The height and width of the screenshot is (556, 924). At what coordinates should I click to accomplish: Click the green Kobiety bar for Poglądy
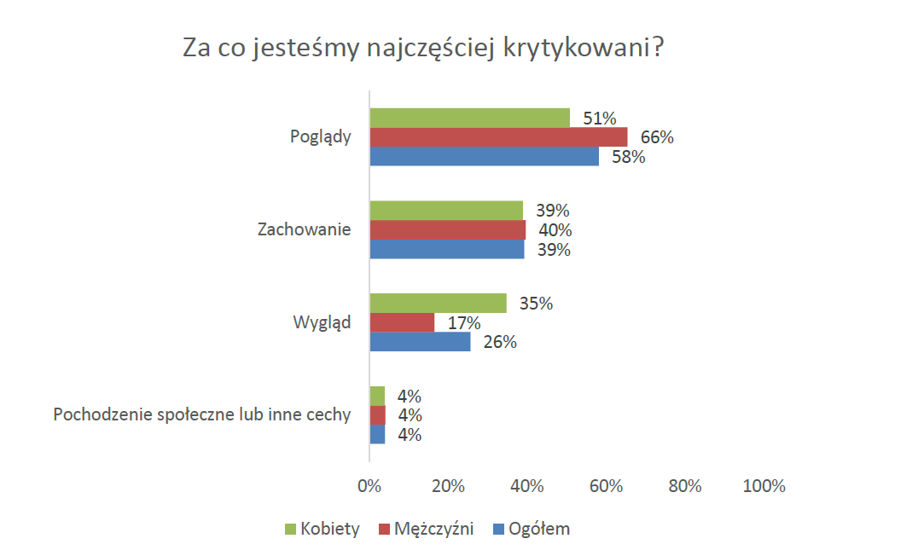[469, 118]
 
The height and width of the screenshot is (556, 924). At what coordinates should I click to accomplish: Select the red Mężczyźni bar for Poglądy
[498, 137]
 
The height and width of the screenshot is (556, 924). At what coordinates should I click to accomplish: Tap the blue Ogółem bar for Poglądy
[484, 157]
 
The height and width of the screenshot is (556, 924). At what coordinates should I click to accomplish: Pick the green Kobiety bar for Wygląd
[438, 304]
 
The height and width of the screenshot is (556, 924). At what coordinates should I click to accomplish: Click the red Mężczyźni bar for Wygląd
[402, 322]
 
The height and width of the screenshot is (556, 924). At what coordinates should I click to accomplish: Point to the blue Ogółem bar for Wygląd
[420, 342]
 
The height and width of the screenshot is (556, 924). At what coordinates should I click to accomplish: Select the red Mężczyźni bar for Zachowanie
[447, 230]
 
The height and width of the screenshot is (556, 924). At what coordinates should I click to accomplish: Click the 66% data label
[657, 137]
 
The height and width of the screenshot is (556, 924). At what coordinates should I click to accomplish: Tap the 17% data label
[463, 323]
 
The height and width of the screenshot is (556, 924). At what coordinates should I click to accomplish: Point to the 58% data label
[627, 157]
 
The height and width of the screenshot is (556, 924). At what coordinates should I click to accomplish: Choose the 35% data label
[536, 304]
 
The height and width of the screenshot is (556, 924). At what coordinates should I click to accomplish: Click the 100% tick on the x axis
[764, 486]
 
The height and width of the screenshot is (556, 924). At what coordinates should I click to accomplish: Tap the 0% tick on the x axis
[369, 486]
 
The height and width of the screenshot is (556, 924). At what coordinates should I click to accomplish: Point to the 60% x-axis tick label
[606, 486]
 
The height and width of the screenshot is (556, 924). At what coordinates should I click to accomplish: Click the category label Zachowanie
[304, 230]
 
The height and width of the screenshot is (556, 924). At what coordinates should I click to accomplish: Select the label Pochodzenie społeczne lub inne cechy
[202, 415]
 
